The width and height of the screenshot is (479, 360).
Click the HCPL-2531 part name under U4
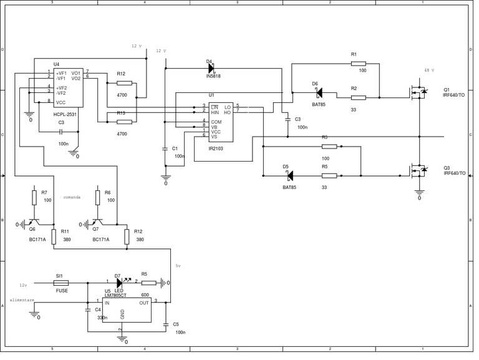[x=64, y=115]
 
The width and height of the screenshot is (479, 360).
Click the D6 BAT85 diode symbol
[x=318, y=92]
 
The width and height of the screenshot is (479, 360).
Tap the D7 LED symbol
[x=118, y=282]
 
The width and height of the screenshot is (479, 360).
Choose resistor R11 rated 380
[x=54, y=236]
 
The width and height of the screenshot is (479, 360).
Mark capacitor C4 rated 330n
[x=88, y=310]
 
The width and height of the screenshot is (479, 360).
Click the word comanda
[x=72, y=197]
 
